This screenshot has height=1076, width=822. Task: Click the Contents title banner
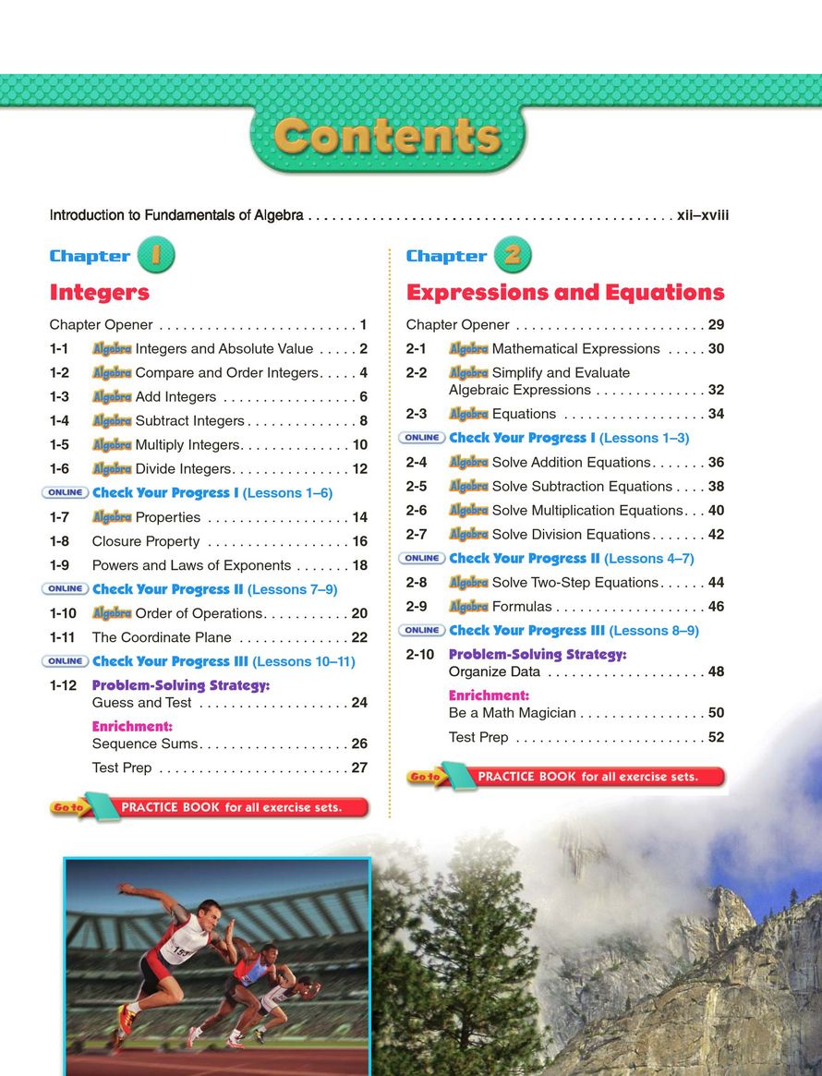pyautogui.click(x=388, y=138)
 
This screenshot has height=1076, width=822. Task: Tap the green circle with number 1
pyautogui.click(x=156, y=256)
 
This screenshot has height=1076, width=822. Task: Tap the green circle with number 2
pyautogui.click(x=513, y=256)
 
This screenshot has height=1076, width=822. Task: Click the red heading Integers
pyautogui.click(x=99, y=293)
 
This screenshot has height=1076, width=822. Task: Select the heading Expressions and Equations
pyautogui.click(x=565, y=293)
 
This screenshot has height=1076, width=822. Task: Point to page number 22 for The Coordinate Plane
pyautogui.click(x=359, y=637)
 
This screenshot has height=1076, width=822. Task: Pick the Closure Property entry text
pyautogui.click(x=146, y=541)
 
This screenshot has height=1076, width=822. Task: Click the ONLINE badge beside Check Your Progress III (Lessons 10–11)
pyautogui.click(x=66, y=661)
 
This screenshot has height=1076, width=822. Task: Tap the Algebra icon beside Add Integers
pyautogui.click(x=112, y=397)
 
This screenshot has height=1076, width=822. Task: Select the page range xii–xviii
pyautogui.click(x=703, y=215)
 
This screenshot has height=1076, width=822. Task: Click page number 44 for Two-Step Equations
pyautogui.click(x=716, y=583)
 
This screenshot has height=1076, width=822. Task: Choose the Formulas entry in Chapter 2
pyautogui.click(x=522, y=607)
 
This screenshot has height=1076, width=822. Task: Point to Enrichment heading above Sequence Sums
pyautogui.click(x=132, y=727)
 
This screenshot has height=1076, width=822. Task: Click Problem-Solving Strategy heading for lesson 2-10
pyautogui.click(x=538, y=654)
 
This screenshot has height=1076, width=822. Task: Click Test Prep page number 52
pyautogui.click(x=716, y=737)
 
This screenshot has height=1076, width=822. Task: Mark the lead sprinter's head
pyautogui.click(x=211, y=913)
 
